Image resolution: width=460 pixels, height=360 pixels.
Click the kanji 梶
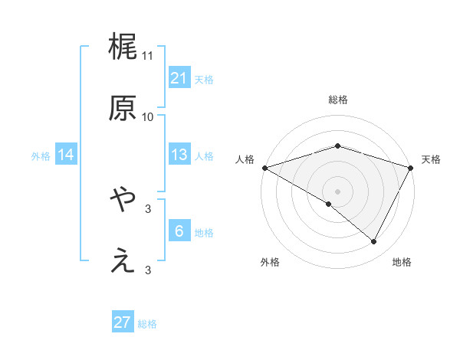coord(123,47)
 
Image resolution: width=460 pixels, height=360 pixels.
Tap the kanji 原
coord(123,108)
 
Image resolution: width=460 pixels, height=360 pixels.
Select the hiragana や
coord(123,200)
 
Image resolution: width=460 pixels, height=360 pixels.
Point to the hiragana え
coord(123,261)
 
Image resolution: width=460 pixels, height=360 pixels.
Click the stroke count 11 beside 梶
coord(148,56)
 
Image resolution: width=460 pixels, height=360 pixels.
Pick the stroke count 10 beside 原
coord(148,117)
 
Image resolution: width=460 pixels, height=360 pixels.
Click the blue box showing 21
coord(179,78)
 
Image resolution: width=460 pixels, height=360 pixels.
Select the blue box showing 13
coord(179,155)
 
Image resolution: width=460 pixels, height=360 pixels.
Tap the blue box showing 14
coord(66,155)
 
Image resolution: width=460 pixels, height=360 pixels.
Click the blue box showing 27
coord(123,322)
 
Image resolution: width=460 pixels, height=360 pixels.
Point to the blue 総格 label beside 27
coord(147,324)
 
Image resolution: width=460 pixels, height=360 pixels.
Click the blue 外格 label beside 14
coord(41,156)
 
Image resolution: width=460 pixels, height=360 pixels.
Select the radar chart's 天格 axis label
coord(431,159)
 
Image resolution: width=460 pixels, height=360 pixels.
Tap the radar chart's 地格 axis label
coord(402,262)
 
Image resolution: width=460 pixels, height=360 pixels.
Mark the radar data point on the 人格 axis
coord(264,167)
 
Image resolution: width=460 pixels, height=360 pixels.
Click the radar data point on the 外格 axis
coord(329,204)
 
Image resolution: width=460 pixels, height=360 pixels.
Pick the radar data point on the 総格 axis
coord(337,146)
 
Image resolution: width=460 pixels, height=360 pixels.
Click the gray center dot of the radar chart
coord(337,191)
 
